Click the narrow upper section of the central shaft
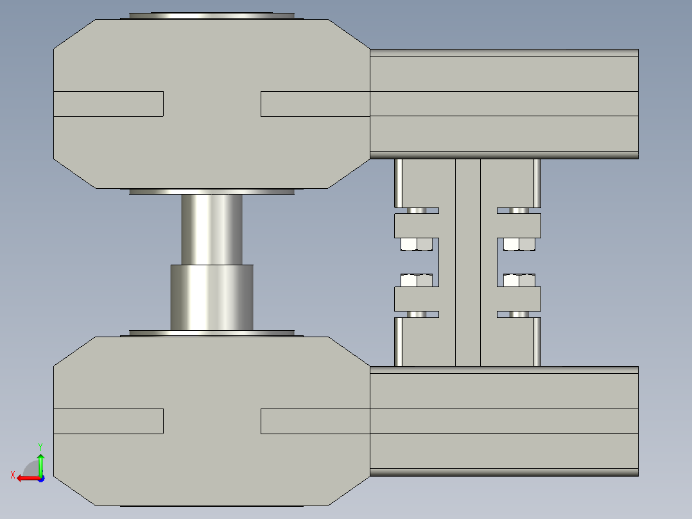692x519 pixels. tap(212, 229)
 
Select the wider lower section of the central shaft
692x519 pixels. tap(212, 297)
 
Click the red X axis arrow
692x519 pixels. tap(26, 478)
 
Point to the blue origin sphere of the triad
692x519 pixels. tap(40, 479)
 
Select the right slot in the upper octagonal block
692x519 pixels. tap(315, 103)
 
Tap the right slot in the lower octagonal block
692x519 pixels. tap(315, 421)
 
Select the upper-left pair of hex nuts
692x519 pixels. tap(416, 244)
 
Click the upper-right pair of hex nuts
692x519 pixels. tap(519, 244)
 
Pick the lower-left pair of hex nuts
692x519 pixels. tap(416, 280)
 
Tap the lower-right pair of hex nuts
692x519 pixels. tap(519, 280)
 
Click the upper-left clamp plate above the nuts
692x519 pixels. tap(415, 225)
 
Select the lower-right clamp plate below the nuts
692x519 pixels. tap(519, 299)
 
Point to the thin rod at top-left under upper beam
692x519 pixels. tap(399, 182)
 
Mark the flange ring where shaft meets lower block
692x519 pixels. tap(212, 333)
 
